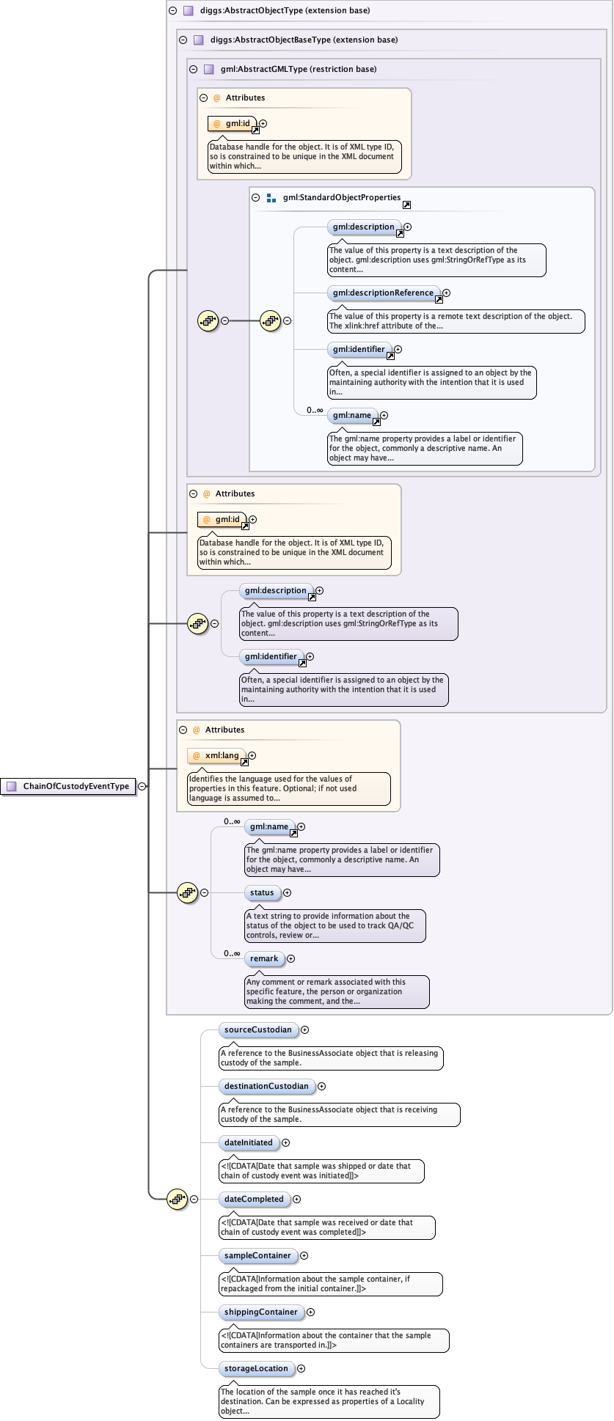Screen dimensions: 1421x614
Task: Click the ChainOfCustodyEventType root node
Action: (x=69, y=787)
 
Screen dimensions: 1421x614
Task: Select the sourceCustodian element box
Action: (x=257, y=1030)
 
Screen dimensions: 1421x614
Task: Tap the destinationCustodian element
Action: (x=266, y=1087)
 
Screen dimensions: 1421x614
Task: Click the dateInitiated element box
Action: (x=248, y=1143)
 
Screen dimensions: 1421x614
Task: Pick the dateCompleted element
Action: (x=254, y=1200)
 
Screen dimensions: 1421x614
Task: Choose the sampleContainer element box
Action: (x=257, y=1256)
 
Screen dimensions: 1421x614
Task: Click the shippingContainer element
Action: (x=261, y=1312)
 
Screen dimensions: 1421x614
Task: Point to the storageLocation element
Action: (x=256, y=1369)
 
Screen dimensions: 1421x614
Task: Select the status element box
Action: (x=262, y=893)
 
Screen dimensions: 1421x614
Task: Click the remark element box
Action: (x=264, y=959)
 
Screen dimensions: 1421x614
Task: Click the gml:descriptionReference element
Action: (x=383, y=293)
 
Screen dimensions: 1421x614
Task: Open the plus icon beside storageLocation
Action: (x=301, y=1369)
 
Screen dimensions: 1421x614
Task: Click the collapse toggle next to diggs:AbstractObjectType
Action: (x=173, y=11)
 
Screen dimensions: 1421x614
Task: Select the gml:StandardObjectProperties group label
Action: (x=341, y=198)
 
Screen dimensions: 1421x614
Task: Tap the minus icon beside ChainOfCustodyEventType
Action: (x=142, y=787)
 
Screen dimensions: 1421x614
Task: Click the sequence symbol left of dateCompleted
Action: (x=178, y=1200)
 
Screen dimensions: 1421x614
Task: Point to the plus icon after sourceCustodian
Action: (x=305, y=1030)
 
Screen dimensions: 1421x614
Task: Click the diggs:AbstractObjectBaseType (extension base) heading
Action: (x=304, y=40)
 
